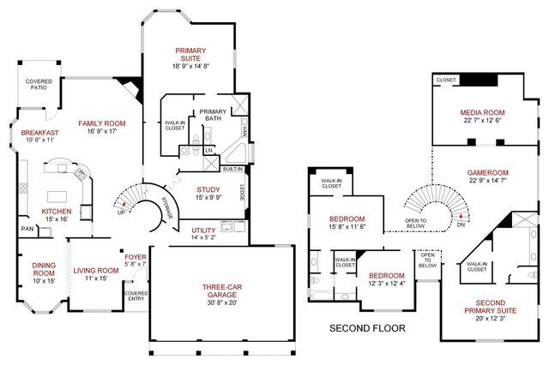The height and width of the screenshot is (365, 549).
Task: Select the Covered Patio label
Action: pos(38,85)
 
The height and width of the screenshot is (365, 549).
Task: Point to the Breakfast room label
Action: pos(33,133)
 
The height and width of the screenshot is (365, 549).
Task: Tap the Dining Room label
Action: pos(39,269)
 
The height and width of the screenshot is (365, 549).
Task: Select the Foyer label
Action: pos(135,256)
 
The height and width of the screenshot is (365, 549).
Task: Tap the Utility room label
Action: pos(203,230)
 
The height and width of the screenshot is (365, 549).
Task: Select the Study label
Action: pos(208,189)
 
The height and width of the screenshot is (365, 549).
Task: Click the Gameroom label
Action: pos(482,171)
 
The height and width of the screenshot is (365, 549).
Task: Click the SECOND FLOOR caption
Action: pos(367,328)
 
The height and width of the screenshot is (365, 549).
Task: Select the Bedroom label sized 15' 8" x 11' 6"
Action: pos(347,218)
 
